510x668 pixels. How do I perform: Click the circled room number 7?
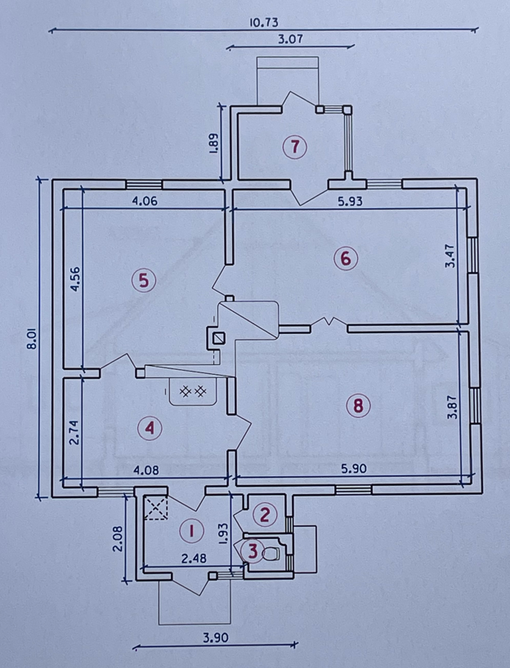pyautogui.click(x=295, y=146)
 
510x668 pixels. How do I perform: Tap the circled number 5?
pyautogui.click(x=144, y=281)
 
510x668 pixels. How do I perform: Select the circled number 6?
pyautogui.click(x=346, y=258)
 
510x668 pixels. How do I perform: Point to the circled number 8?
pyautogui.click(x=358, y=405)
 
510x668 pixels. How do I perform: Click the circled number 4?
pyautogui.click(x=150, y=428)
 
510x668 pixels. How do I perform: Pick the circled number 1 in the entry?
pyautogui.click(x=191, y=531)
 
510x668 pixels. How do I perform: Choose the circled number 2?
pyautogui.click(x=265, y=514)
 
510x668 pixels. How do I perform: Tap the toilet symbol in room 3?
pyautogui.click(x=271, y=554)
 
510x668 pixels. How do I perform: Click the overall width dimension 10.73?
pyautogui.click(x=263, y=22)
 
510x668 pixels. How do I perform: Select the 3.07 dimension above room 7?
pyautogui.click(x=290, y=39)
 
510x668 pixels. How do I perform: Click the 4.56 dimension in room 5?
pyautogui.click(x=75, y=279)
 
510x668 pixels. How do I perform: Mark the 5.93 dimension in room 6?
pyautogui.click(x=350, y=201)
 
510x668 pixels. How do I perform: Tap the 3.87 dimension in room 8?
pyautogui.click(x=452, y=407)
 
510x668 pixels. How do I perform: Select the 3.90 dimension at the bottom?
pyautogui.click(x=215, y=638)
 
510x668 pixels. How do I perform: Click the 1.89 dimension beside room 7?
pyautogui.click(x=214, y=146)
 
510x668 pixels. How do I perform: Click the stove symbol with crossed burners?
pyautogui.click(x=193, y=391)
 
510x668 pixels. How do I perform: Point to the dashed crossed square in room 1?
pyautogui.click(x=155, y=507)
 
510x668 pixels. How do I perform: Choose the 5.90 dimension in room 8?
pyautogui.click(x=354, y=469)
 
